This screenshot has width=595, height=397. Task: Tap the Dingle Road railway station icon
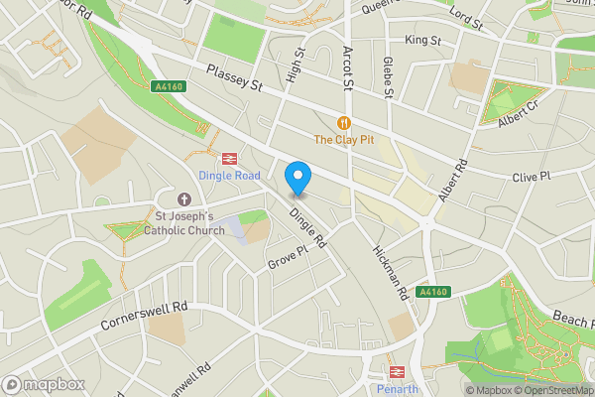pos(229,158)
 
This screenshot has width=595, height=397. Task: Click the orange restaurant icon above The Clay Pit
pos(343,122)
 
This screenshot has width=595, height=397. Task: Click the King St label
pos(422,40)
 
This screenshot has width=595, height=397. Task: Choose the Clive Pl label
pos(532,177)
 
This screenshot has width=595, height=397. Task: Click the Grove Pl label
pos(290,263)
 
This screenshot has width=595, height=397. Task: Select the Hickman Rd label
pos(391,274)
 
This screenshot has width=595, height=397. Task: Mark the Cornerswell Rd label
pos(143,318)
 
